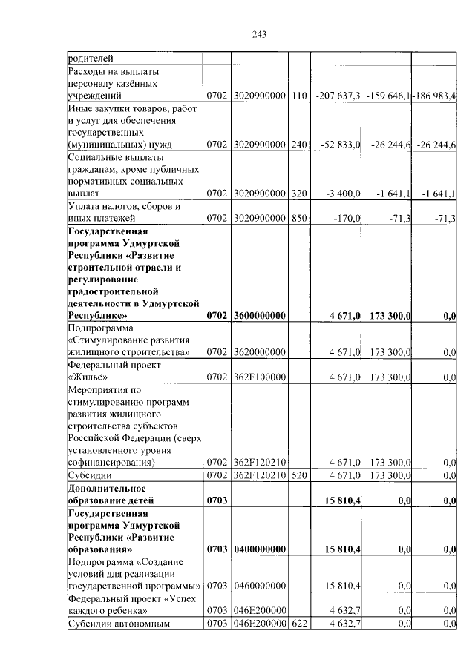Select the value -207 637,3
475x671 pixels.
(337, 96)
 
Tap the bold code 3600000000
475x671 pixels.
(259, 315)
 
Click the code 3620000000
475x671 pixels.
(259, 352)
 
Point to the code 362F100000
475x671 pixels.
(259, 377)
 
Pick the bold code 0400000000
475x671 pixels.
(259, 549)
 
